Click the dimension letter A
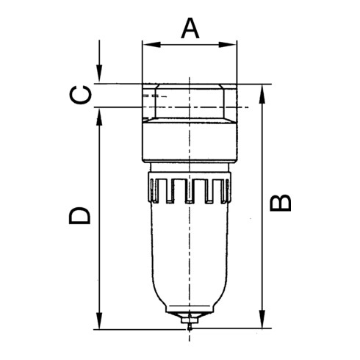(x=190, y=29)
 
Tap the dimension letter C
(x=83, y=95)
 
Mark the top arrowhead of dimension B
(x=262, y=89)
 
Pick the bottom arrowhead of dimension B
(x=262, y=324)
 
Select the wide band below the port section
(x=190, y=145)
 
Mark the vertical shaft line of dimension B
(x=262, y=242)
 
